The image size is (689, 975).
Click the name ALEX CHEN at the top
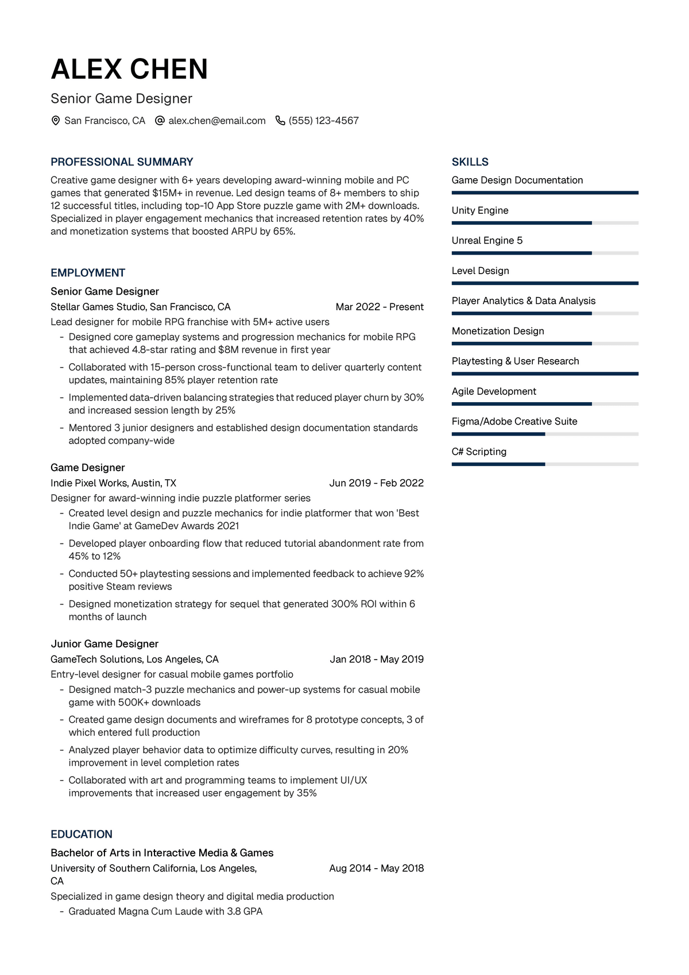129,70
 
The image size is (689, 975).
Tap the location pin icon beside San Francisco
56,121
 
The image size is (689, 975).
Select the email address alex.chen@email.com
216,121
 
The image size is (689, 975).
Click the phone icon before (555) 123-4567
280,121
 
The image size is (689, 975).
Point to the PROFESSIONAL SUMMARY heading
122,162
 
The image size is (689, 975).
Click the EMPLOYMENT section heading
88,273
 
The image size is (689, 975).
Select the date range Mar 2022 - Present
380,307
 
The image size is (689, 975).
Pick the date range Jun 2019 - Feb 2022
376,483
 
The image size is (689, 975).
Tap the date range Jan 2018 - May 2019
377,659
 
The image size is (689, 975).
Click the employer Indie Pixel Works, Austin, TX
113,483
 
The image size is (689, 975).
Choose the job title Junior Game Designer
104,644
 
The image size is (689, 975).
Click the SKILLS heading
470,162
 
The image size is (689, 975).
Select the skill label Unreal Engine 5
487,241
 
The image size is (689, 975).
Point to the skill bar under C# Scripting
545,464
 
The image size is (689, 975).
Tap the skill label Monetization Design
498,331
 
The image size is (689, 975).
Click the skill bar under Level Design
545,283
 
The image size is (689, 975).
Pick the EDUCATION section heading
82,834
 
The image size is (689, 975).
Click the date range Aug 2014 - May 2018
376,868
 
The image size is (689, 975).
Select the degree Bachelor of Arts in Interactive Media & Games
162,853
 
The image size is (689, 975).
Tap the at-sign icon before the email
160,121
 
